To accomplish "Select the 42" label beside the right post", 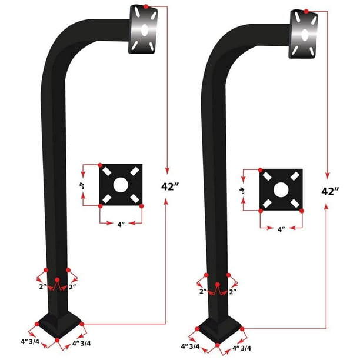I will (331, 191).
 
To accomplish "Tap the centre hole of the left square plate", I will (121, 185).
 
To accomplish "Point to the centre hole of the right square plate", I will (281, 189).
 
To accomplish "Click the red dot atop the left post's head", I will (146, 6).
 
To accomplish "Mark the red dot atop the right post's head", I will (307, 11).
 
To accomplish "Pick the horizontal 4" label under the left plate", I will (121, 224).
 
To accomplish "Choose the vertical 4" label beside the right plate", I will (242, 190).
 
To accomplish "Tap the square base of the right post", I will (218, 327).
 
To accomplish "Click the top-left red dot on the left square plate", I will (101, 165).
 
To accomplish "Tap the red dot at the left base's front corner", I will (57, 340).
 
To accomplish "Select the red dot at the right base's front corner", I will (218, 344).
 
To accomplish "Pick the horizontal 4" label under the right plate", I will (281, 228).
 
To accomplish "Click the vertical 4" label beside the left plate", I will (83, 185).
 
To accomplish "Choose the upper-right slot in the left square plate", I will (135, 171).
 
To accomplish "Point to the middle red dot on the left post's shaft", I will (57, 279).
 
